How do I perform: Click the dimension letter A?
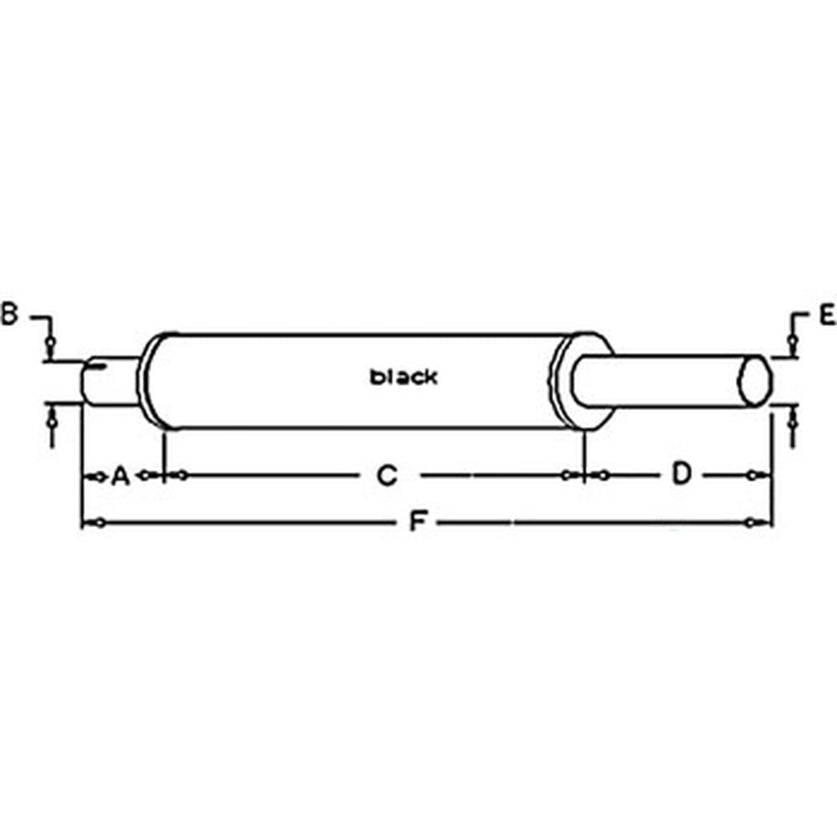(120, 476)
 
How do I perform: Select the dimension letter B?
(9, 315)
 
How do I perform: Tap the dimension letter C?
(386, 476)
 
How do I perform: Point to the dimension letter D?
(682, 475)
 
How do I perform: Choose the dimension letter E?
(827, 315)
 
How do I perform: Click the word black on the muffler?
(403, 377)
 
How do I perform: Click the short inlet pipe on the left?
(111, 382)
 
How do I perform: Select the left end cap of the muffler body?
(151, 382)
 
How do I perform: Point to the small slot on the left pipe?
(99, 364)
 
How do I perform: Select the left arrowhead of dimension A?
(90, 476)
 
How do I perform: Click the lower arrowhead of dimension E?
(791, 419)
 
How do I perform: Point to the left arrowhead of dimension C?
(175, 476)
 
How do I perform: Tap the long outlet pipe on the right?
(670, 382)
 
